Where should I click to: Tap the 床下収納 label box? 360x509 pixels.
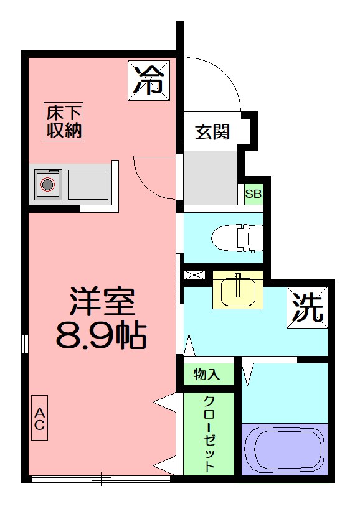tap(64, 122)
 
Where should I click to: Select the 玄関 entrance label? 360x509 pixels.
tap(213, 132)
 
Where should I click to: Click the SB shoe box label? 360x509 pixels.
tap(253, 194)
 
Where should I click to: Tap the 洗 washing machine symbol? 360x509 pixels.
tap(308, 307)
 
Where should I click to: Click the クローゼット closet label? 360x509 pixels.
tap(209, 433)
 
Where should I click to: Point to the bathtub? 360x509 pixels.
tap(284, 449)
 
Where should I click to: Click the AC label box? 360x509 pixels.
tap(39, 418)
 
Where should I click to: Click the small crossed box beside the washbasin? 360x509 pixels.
tap(194, 274)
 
